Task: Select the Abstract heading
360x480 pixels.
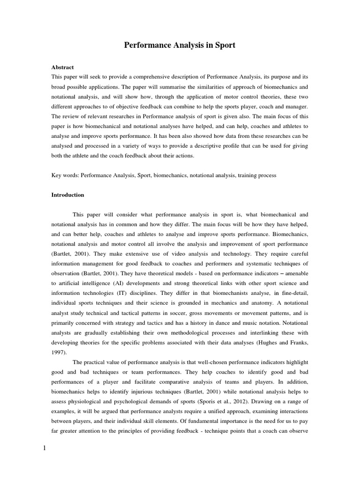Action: [x=62, y=67]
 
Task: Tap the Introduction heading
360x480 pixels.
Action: [x=67, y=195]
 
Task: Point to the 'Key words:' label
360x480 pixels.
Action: [x=65, y=175]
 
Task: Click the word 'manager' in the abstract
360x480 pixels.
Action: [x=295, y=106]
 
